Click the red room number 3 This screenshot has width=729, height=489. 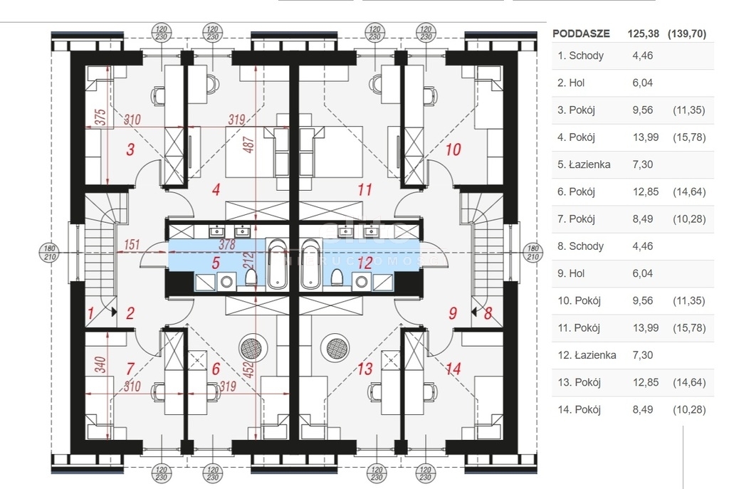(130, 149)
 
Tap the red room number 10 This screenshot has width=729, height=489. (453, 149)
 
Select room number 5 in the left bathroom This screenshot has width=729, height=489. (216, 262)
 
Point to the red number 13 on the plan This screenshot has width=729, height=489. (365, 369)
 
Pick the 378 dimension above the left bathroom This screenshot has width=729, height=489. (226, 245)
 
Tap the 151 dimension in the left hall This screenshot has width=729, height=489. (131, 246)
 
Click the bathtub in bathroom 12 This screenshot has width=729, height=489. (312, 264)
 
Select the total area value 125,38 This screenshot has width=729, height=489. (642, 33)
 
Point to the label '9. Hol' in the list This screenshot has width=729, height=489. (572, 273)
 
